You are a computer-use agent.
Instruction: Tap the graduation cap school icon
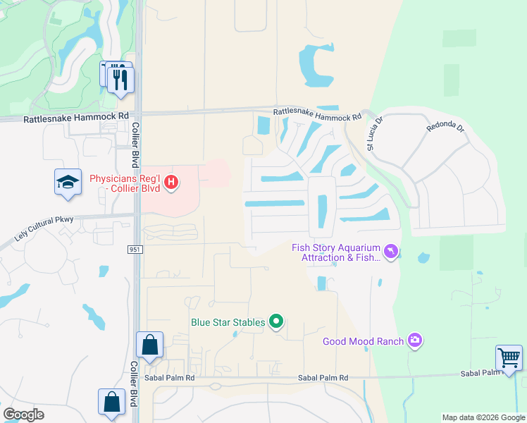click(x=68, y=183)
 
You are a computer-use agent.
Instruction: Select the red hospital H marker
click(x=170, y=183)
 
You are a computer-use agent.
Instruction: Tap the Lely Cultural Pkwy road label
click(x=44, y=229)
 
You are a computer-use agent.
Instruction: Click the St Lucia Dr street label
click(x=373, y=133)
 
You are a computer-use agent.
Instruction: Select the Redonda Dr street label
click(x=445, y=128)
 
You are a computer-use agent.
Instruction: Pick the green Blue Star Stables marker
click(x=276, y=322)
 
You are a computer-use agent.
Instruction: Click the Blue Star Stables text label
click(x=228, y=323)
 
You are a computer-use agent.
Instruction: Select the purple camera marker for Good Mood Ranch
click(x=416, y=341)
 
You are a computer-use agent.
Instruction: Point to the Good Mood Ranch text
click(x=363, y=342)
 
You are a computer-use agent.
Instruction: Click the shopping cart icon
click(x=509, y=357)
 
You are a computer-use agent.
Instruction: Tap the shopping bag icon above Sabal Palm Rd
click(x=150, y=345)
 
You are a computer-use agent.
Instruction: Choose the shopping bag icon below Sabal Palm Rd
click(x=111, y=403)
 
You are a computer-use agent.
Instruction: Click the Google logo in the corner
click(x=23, y=415)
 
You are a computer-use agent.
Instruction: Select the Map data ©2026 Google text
click(x=482, y=417)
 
